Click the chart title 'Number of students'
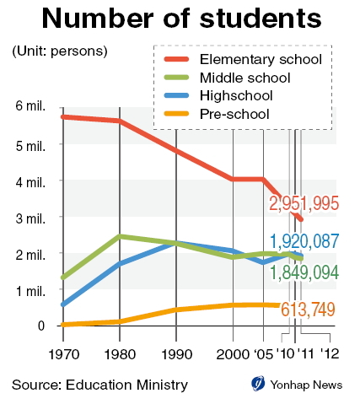(181, 19)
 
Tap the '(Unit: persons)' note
(60, 51)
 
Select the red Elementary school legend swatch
(176, 59)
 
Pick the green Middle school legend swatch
(176, 78)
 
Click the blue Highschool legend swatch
(176, 95)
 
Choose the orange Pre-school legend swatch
(176, 114)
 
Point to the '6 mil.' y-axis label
(30, 106)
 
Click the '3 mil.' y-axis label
(30, 218)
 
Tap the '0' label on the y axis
(41, 326)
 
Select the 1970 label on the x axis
(64, 354)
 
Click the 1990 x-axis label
(177, 354)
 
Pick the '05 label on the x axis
(263, 354)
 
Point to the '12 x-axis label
(330, 353)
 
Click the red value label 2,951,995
(304, 203)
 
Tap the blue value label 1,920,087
(304, 241)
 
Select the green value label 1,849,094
(304, 272)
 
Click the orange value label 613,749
(308, 310)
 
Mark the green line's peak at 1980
(120, 236)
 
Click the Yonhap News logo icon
(258, 383)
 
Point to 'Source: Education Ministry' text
(99, 385)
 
